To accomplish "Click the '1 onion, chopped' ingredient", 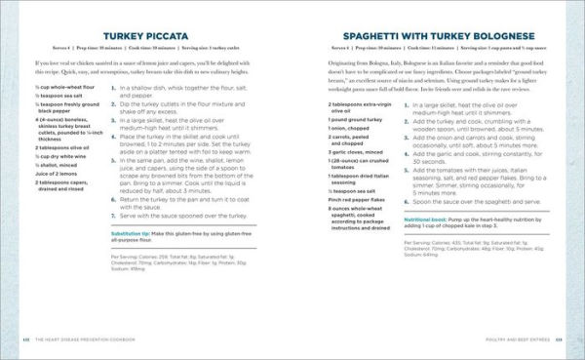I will point(349,154).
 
